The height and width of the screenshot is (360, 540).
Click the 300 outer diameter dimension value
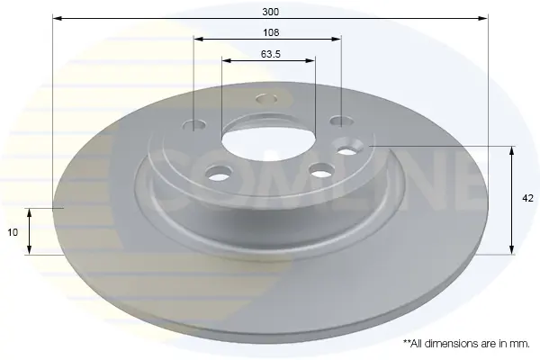pyautogui.click(x=271, y=12)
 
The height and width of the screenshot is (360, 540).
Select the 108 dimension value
pyautogui.click(x=271, y=32)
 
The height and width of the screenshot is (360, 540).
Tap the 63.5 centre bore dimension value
pyautogui.click(x=271, y=54)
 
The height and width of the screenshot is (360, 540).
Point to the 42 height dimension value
pyautogui.click(x=527, y=198)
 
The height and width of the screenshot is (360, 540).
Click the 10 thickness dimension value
pyautogui.click(x=13, y=232)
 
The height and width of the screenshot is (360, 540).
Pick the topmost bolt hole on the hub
pyautogui.click(x=266, y=99)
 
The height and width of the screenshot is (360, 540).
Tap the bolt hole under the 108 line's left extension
pyautogui.click(x=194, y=125)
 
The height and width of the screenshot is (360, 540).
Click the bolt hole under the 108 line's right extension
pyautogui.click(x=341, y=121)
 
